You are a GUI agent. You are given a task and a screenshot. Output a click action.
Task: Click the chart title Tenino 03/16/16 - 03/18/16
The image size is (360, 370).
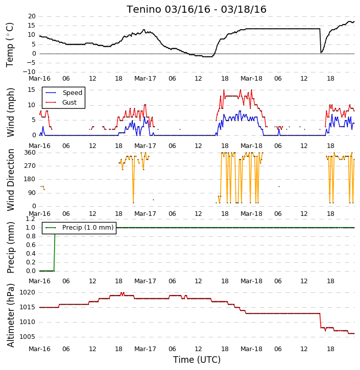pyautogui.click(x=197, y=9)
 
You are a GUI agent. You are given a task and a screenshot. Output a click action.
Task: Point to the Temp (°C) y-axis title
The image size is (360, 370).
pyautogui.click(x=10, y=44)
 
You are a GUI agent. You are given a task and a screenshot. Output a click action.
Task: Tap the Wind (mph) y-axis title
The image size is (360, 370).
pyautogui.click(x=10, y=112)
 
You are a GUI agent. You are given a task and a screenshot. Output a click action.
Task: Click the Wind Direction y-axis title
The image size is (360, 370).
pyautogui.click(x=10, y=180)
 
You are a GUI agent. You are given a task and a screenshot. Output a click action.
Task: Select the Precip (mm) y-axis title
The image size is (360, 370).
pyautogui.click(x=10, y=248)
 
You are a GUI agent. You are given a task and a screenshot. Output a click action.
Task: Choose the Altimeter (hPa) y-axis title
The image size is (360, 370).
pyautogui.click(x=10, y=315)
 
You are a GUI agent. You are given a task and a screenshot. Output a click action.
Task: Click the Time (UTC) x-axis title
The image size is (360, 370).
pyautogui.click(x=197, y=360)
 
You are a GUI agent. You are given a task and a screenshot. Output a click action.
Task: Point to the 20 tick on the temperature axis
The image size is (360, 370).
pyautogui.click(x=32, y=16)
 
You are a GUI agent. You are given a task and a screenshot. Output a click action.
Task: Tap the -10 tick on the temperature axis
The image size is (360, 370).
pyautogui.click(x=29, y=72)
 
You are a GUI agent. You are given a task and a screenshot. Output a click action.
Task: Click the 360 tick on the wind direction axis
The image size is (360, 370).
pyautogui.click(x=30, y=153)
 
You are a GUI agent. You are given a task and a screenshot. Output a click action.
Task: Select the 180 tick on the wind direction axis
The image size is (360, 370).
pyautogui.click(x=30, y=179)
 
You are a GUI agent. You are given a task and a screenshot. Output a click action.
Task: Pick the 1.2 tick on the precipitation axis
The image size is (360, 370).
pyautogui.click(x=30, y=219)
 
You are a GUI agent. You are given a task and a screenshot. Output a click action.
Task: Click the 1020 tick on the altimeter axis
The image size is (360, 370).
pyautogui.click(x=27, y=292)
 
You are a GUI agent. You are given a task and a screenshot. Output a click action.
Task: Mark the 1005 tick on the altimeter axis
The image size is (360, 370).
pyautogui.click(x=27, y=336)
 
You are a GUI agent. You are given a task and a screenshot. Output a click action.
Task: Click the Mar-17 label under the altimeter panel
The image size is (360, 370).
pyautogui.click(x=145, y=349)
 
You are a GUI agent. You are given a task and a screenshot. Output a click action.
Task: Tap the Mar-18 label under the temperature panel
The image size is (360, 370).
pyautogui.click(x=251, y=79)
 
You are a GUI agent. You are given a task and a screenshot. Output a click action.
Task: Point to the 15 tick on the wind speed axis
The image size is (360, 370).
pyautogui.click(x=32, y=90)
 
